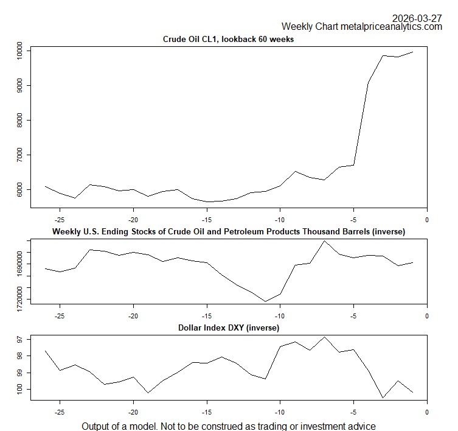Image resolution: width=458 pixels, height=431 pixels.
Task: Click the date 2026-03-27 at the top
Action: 417,18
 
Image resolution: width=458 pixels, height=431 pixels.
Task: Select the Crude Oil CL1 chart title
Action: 228,40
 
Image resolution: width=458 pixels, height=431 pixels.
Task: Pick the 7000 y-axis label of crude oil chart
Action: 19,156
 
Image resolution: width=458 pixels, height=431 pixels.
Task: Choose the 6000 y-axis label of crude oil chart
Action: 19,191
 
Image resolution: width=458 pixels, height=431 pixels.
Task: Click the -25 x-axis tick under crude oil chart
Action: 60,219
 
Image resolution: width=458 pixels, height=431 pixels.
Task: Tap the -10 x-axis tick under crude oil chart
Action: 280,219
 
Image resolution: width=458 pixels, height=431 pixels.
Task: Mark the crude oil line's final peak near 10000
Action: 412,52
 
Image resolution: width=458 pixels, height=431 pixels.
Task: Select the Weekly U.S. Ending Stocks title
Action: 228,232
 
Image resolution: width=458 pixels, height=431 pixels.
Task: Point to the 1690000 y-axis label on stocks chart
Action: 19,265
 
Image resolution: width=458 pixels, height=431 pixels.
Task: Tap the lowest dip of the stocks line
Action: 265,301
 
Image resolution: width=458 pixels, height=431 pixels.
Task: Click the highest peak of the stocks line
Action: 324,240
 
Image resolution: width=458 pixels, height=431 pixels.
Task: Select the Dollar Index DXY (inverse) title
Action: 228,328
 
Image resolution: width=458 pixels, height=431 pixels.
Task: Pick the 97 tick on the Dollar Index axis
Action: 19,339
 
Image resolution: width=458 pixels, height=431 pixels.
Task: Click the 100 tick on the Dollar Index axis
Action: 19,390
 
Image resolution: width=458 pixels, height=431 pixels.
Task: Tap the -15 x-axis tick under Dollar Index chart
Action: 206,411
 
